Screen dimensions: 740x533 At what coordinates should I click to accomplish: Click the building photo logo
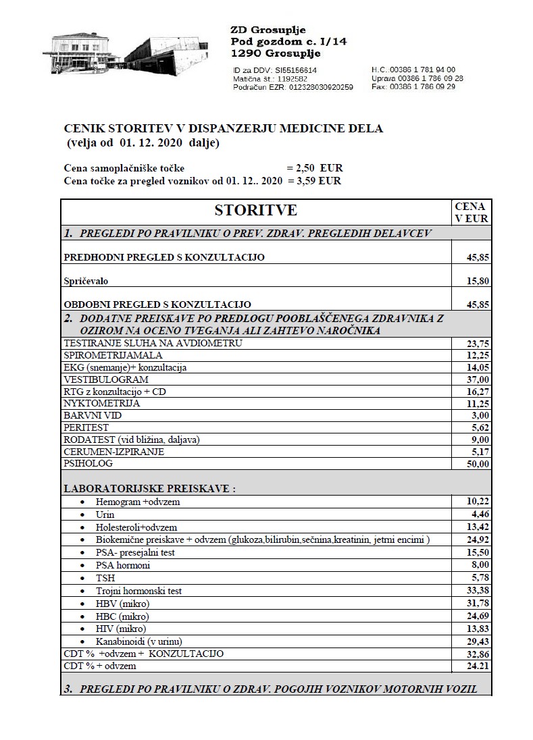133,55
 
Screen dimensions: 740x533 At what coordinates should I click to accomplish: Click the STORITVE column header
255,211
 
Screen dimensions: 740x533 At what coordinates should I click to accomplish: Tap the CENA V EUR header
472,212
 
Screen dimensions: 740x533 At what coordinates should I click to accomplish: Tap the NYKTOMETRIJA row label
102,403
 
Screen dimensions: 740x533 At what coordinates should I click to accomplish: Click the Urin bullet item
105,514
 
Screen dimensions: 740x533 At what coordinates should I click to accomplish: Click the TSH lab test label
105,578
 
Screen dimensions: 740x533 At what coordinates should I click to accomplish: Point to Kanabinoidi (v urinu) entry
139,641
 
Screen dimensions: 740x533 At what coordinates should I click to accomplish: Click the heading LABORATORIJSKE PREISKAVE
154,488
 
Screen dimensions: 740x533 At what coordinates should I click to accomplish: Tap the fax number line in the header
413,87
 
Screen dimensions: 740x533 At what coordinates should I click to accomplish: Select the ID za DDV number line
274,70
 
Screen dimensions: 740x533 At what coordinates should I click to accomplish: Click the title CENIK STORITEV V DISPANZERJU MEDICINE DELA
223,128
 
